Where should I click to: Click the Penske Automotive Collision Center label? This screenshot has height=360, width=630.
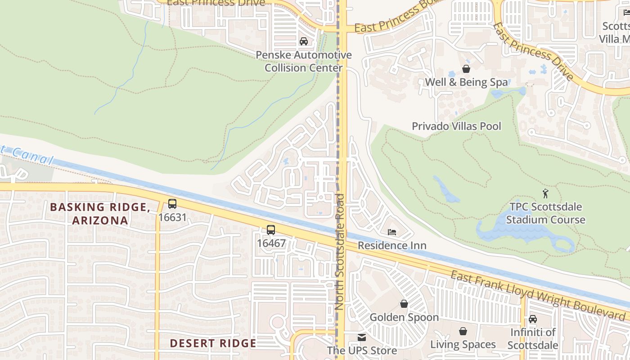tap(304, 62)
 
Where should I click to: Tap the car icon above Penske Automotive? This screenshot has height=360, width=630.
tap(304, 41)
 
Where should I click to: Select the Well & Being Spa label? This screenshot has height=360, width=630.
tap(466, 82)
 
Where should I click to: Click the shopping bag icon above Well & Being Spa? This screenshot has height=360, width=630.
tap(466, 69)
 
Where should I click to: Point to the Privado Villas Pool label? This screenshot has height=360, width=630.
tap(456, 126)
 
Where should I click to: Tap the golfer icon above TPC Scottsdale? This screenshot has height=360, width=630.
tap(546, 193)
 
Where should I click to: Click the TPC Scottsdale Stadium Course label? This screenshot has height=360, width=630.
tap(545, 213)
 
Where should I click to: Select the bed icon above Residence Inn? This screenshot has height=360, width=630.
tap(392, 232)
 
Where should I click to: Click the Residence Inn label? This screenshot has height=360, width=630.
tap(392, 246)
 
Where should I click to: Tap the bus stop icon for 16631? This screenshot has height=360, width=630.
tap(172, 204)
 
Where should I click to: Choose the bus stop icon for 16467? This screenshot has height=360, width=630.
tap(271, 230)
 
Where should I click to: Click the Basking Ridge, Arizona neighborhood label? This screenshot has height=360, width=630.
tap(100, 214)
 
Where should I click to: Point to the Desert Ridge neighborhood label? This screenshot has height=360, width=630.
tap(213, 343)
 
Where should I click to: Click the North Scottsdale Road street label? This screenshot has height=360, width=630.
tap(339, 252)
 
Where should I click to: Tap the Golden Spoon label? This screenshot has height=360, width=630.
tap(404, 318)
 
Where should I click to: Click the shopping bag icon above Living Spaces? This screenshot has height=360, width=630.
tap(463, 332)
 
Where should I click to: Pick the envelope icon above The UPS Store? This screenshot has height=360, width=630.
tap(362, 337)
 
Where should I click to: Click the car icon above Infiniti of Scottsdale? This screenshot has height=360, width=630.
tap(533, 319)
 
